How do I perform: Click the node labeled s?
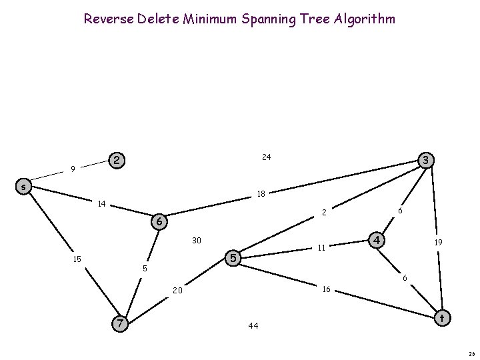click(x=23, y=187)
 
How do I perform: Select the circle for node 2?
click(x=117, y=161)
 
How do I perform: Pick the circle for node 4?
click(x=377, y=239)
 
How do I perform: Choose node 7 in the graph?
click(x=119, y=323)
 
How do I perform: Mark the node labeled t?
click(x=441, y=319)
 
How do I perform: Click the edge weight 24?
click(x=266, y=157)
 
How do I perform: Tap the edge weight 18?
click(x=262, y=194)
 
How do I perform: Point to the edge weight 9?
click(x=73, y=169)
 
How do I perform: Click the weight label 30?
click(x=197, y=240)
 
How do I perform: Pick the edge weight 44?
click(x=253, y=326)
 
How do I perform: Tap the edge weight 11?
click(x=321, y=248)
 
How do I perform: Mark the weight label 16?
click(x=327, y=289)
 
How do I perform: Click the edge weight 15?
click(x=78, y=259)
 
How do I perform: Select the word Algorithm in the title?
click(x=364, y=19)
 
